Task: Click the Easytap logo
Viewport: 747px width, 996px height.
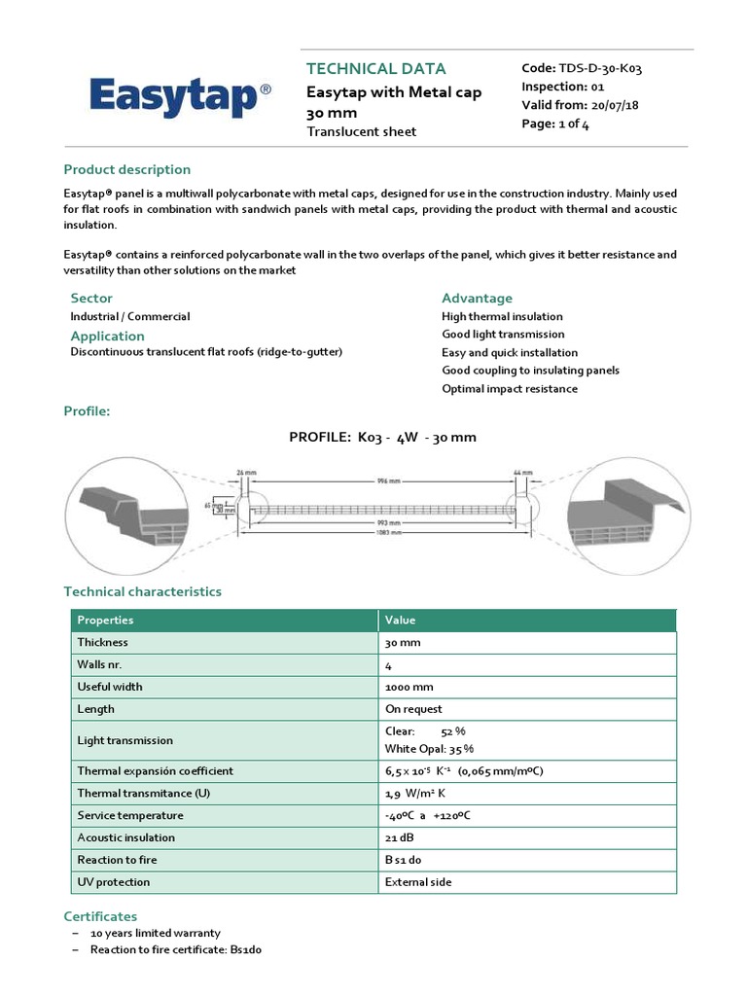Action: (181, 97)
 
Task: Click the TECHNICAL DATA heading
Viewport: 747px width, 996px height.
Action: (375, 69)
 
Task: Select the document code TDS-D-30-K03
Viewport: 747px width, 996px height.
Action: (582, 68)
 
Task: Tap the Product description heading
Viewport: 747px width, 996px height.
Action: (126, 169)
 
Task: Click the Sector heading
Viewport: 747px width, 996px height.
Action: (91, 298)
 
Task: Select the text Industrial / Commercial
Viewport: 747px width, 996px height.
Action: (129, 316)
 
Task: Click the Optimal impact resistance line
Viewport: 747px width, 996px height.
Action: (509, 389)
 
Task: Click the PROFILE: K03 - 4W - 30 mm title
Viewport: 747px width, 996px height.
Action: (382, 437)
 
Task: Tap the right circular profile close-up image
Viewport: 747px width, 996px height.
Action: (622, 508)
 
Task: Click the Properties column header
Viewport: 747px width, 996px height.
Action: (105, 620)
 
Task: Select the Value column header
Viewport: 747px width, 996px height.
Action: (401, 620)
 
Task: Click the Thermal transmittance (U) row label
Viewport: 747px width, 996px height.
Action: (143, 793)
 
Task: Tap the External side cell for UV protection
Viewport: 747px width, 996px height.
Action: (418, 882)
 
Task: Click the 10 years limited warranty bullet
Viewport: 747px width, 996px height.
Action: (155, 933)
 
